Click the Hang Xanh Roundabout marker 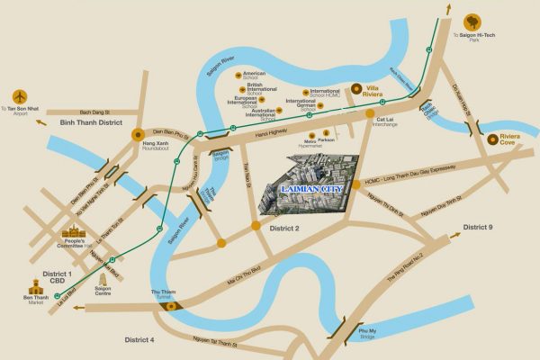click(x=138, y=136)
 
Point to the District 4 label click(x=139, y=339)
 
